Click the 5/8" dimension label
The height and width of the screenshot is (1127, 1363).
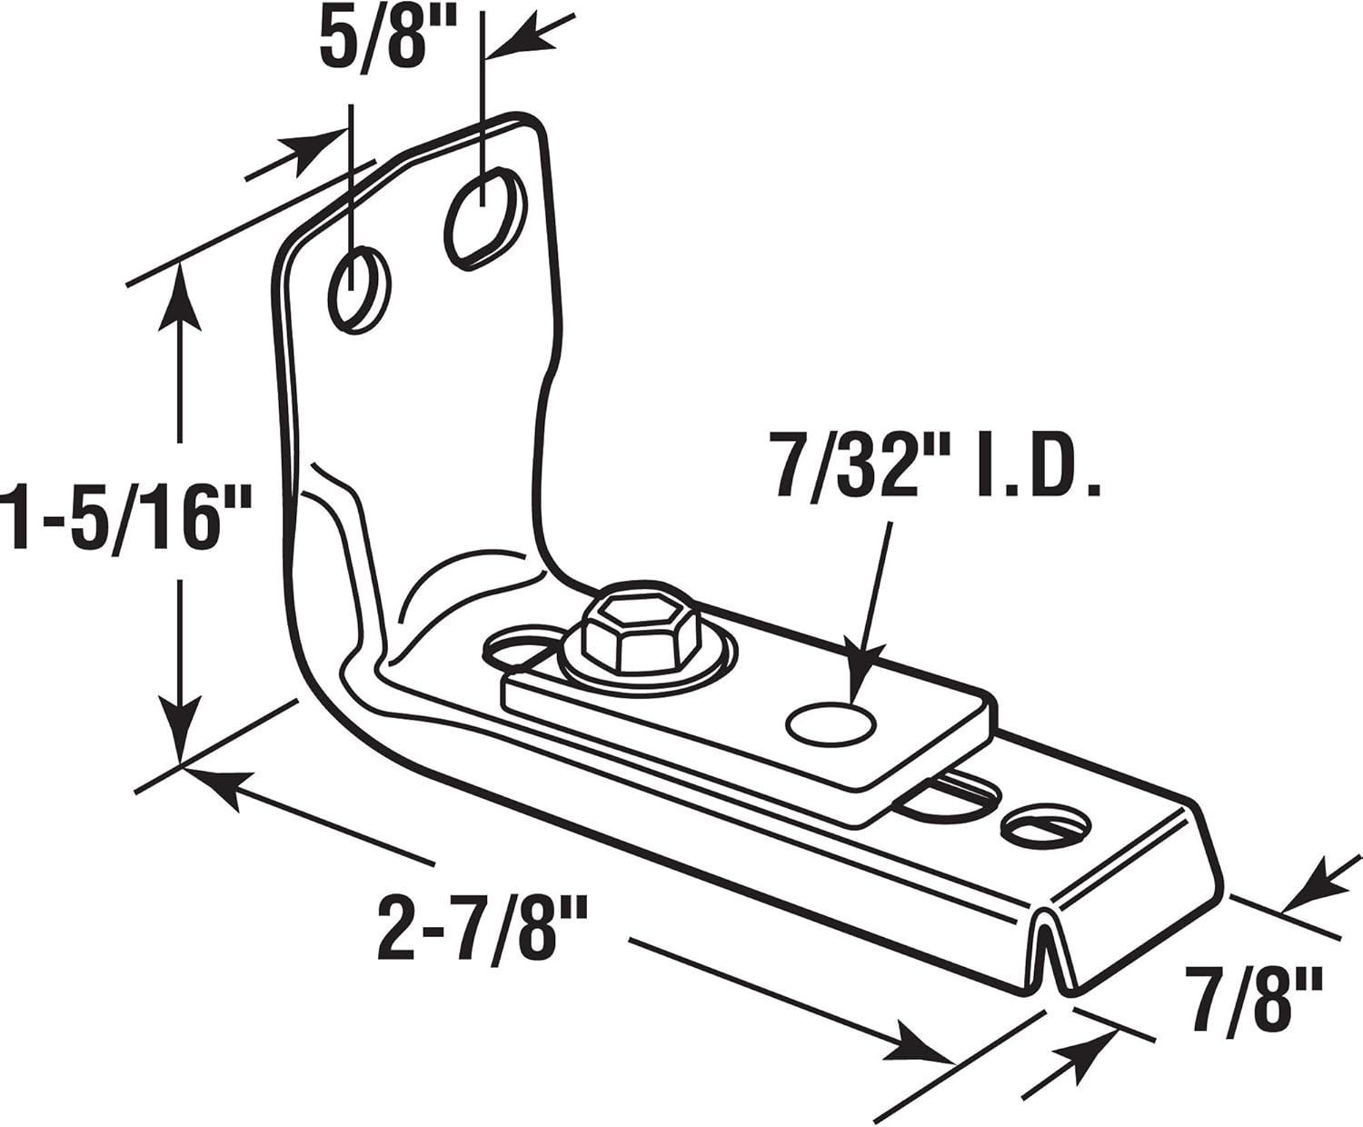point(373,36)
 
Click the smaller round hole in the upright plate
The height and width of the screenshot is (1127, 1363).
point(361,288)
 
